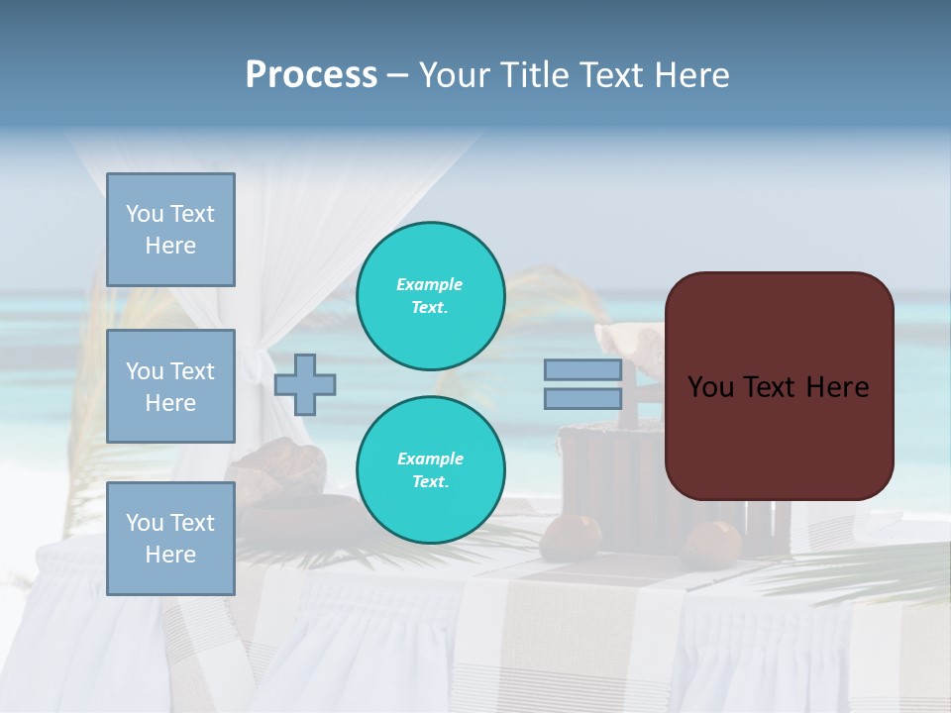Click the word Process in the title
click(x=311, y=75)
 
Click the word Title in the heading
click(x=530, y=75)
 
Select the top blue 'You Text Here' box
click(x=170, y=230)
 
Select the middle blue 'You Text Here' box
click(x=170, y=386)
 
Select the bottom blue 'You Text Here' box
click(x=170, y=539)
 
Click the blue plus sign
click(x=305, y=385)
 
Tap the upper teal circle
click(x=431, y=296)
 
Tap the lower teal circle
click(x=431, y=470)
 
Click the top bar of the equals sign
click(x=582, y=370)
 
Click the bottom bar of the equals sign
click(x=582, y=398)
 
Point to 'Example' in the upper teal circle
click(x=429, y=284)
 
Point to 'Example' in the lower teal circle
click(x=430, y=458)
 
